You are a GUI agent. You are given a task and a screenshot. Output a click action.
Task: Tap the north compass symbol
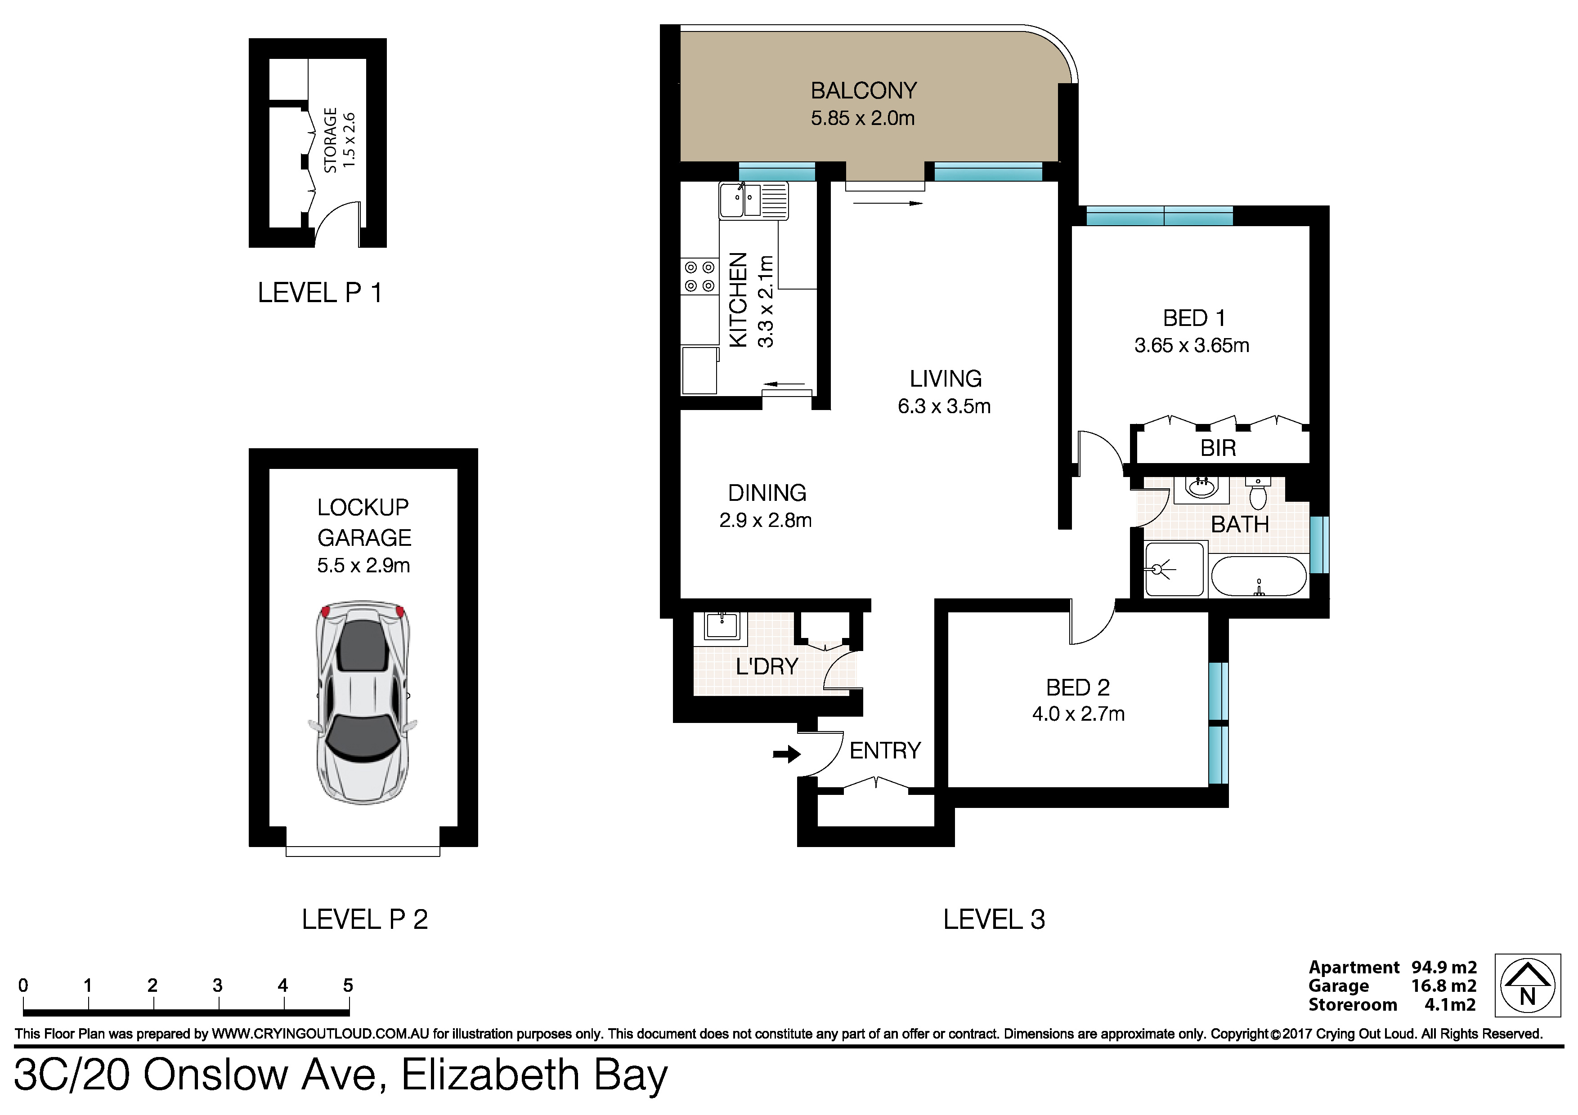click(1527, 985)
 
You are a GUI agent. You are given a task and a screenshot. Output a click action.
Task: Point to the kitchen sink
click(753, 200)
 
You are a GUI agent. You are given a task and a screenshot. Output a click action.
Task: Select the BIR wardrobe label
click(1218, 448)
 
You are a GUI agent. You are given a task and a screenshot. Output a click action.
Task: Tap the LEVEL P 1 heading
click(319, 293)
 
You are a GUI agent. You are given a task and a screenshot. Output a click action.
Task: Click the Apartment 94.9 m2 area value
click(1444, 967)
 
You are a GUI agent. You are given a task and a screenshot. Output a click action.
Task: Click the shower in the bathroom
click(1174, 569)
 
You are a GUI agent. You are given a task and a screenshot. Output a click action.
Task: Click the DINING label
click(767, 493)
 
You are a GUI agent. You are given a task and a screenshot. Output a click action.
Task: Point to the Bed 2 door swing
click(1093, 622)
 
